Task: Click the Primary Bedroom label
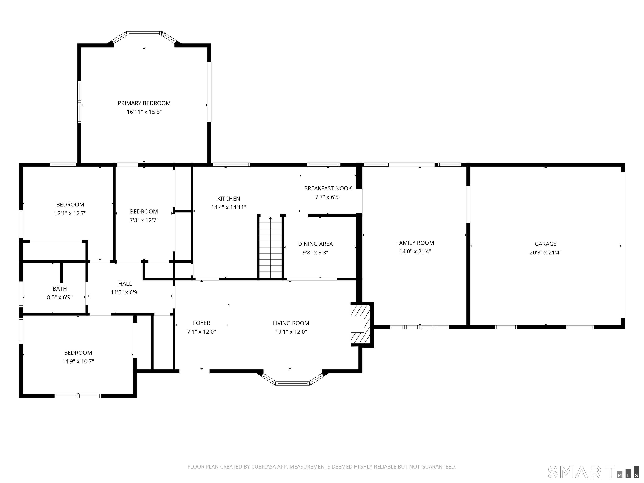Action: coord(144,103)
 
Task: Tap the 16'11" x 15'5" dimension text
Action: coord(144,112)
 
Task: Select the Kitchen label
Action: coord(229,199)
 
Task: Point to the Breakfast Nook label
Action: coord(328,188)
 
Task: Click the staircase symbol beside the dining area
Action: coord(270,247)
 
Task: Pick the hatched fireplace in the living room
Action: coord(360,324)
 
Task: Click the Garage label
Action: coord(545,244)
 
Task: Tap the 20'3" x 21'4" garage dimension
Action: coord(545,253)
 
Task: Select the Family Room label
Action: coord(415,243)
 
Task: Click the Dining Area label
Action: coord(315,244)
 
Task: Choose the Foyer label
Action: coord(201,323)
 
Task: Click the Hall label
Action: coord(125,284)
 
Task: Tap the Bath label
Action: coord(60,288)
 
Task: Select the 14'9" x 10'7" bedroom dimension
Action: coord(78,361)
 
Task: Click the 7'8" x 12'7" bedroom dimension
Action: coord(144,220)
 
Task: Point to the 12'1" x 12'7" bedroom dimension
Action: coord(70,213)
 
